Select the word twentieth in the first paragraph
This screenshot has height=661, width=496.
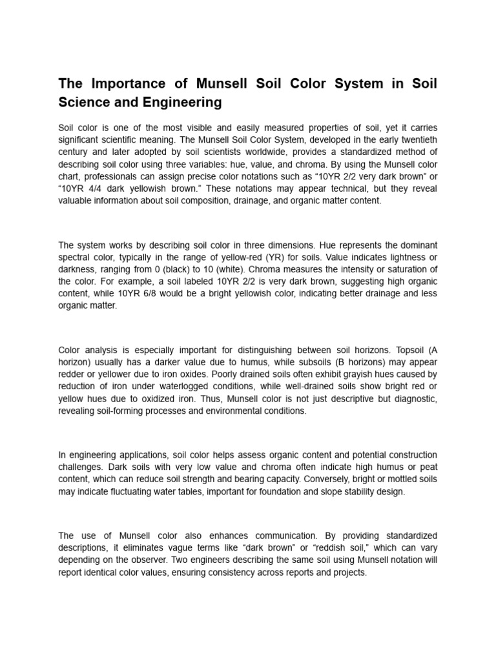tap(414, 140)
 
